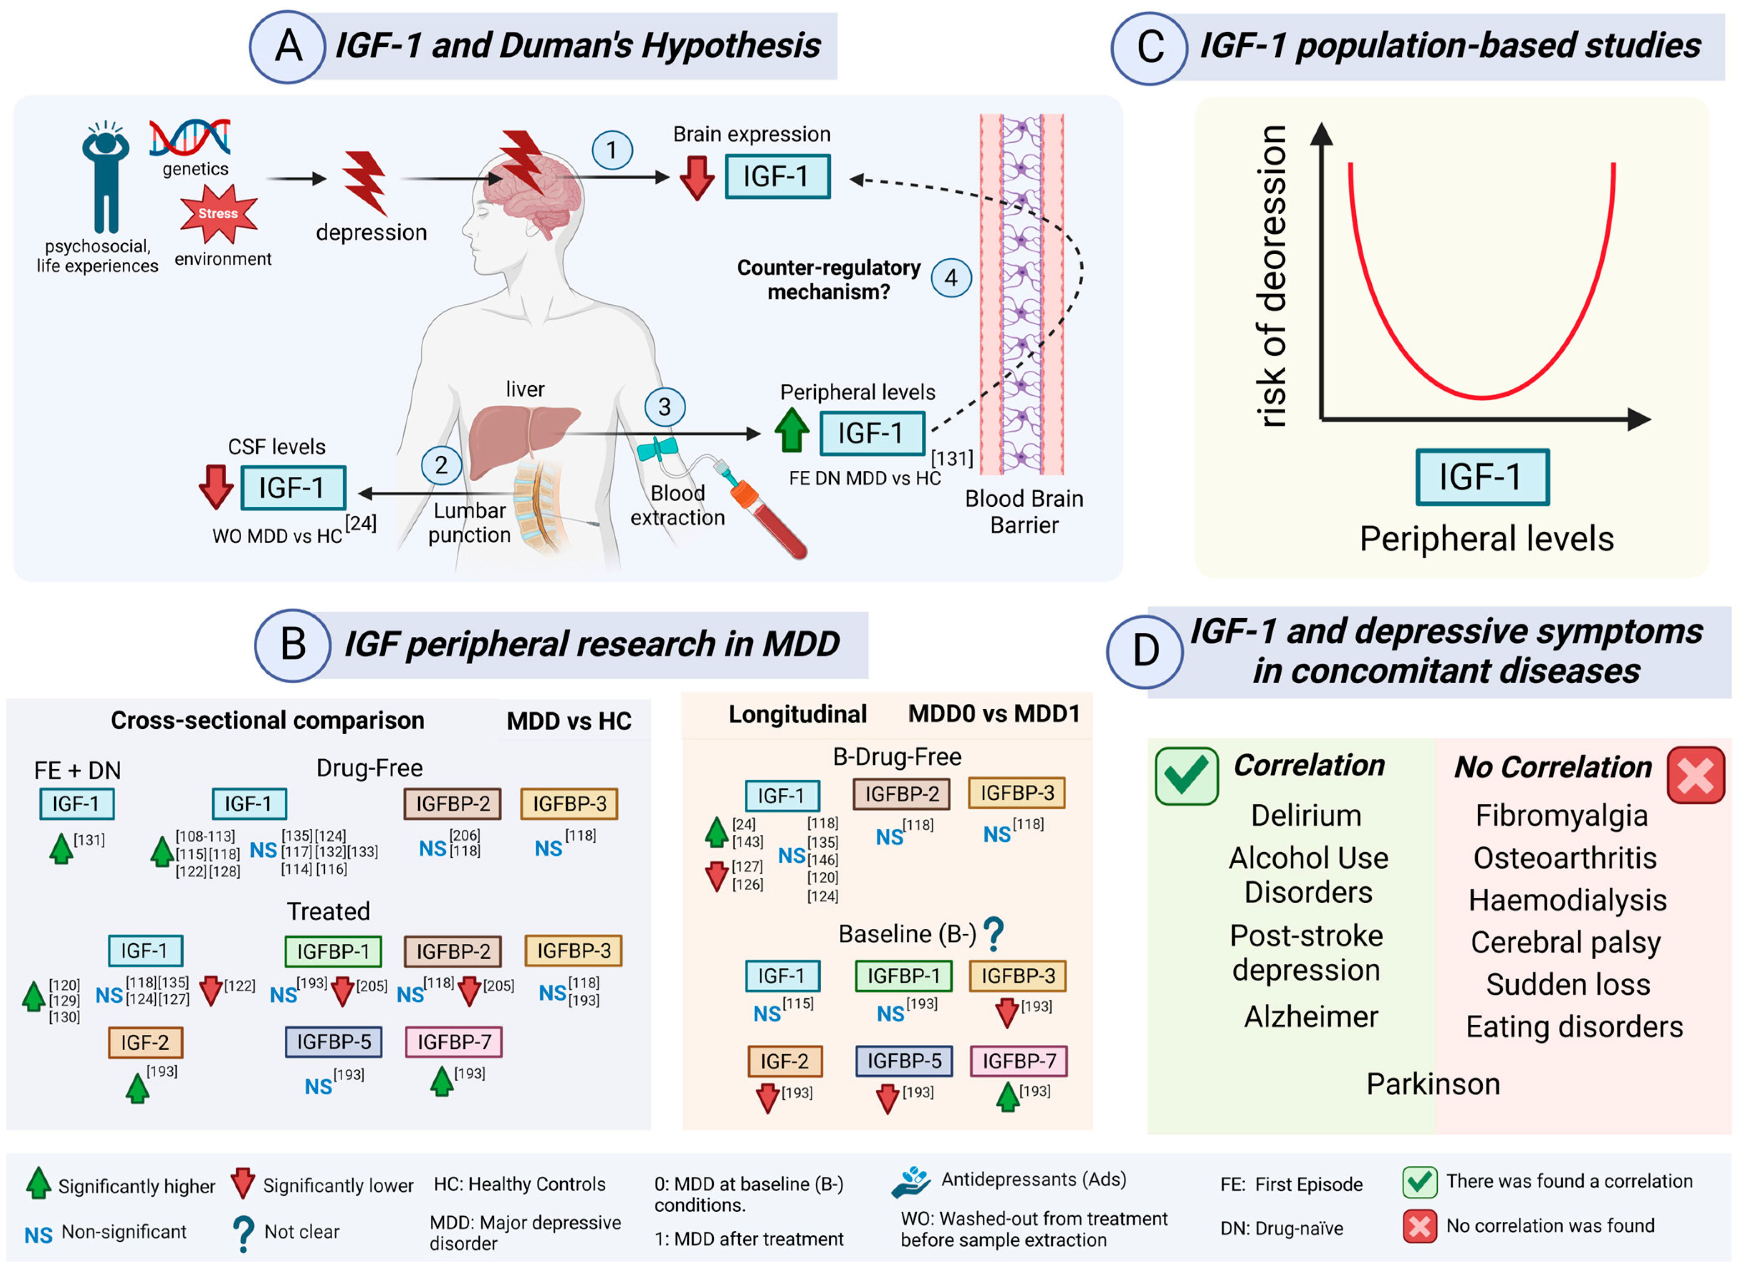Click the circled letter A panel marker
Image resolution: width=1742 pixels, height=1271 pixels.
pos(288,46)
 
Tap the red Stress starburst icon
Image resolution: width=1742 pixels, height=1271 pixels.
pos(218,214)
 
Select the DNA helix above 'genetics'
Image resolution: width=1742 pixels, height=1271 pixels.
pos(190,138)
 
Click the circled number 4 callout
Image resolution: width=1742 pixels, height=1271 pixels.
pos(951,278)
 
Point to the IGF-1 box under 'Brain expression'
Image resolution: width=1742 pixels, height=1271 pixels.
pos(777,176)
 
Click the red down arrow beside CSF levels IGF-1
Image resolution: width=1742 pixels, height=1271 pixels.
pos(216,486)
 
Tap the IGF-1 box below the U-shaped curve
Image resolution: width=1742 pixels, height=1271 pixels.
pos(1482,477)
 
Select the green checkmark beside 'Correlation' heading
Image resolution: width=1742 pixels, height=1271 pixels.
pos(1186,776)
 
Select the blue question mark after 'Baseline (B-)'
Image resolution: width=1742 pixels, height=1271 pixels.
pos(994,933)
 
